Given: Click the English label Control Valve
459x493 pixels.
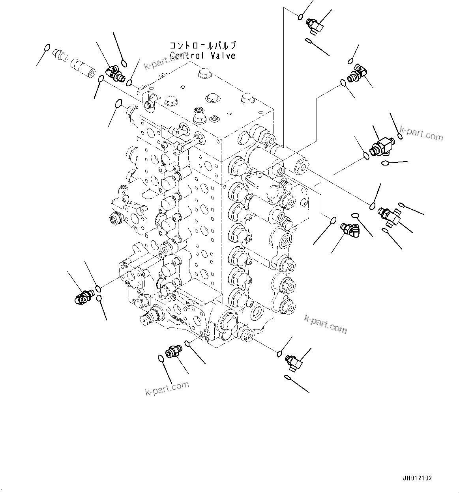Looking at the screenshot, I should pyautogui.click(x=202, y=56).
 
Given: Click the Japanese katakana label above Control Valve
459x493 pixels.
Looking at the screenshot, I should pyautogui.click(x=203, y=45).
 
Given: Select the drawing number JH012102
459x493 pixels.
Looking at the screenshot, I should pyautogui.click(x=418, y=478).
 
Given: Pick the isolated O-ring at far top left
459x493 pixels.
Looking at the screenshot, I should pyautogui.click(x=47, y=49).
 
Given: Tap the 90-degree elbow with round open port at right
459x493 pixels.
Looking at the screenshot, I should pyautogui.click(x=350, y=229).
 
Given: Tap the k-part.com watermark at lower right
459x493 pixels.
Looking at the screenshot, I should pyautogui.click(x=325, y=324).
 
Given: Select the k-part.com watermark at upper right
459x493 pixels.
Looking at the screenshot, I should pyautogui.click(x=421, y=133).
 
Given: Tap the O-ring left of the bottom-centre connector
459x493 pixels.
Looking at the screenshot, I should pyautogui.click(x=161, y=358).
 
